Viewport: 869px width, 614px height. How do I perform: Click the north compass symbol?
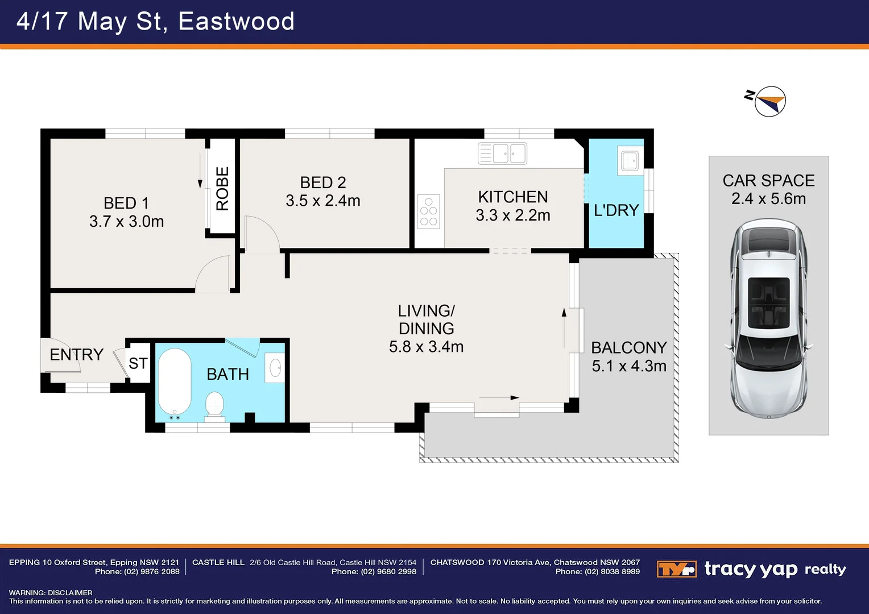coord(769,102)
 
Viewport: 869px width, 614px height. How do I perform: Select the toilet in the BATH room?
coord(214,405)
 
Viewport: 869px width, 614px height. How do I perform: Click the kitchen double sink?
coord(502,153)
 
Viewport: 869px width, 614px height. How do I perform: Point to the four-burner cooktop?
coord(429,212)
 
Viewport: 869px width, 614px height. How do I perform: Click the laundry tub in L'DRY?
coord(630,161)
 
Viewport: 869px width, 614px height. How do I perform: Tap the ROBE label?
coord(222,188)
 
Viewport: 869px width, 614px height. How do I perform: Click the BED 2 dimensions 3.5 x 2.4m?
coord(323,201)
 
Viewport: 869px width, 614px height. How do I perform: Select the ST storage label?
coord(138,363)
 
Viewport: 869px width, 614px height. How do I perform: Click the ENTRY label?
coord(76,355)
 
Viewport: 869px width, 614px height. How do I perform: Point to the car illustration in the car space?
coord(768,318)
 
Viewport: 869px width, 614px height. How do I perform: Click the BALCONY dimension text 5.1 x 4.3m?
coord(629,366)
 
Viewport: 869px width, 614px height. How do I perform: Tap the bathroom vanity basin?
coord(275,368)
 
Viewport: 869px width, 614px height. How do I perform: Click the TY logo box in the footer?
coord(676,569)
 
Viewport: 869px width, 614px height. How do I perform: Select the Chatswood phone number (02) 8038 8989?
coord(597,572)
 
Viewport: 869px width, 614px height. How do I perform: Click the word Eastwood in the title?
coord(236,22)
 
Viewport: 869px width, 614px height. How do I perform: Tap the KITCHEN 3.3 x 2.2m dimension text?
coord(513,215)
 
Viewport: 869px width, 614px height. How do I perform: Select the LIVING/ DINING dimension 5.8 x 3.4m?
coord(426,347)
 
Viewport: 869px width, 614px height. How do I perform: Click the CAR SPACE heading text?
coord(768,181)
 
